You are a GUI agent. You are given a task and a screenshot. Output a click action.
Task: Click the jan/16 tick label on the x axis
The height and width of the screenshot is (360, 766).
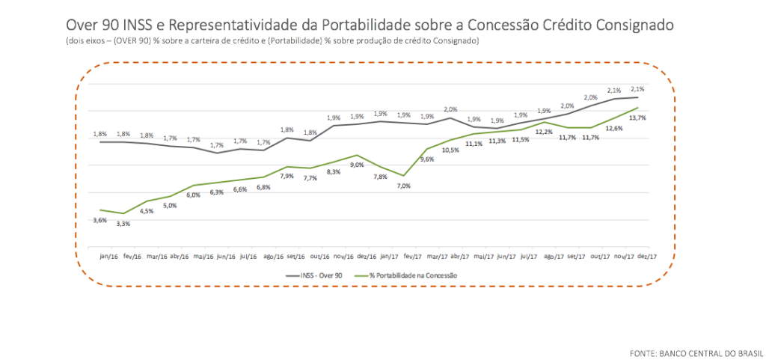tap(108, 256)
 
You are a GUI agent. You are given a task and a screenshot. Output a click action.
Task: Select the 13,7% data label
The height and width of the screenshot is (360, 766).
tap(638, 118)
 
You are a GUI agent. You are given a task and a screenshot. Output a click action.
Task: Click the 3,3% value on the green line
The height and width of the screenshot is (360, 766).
tap(122, 224)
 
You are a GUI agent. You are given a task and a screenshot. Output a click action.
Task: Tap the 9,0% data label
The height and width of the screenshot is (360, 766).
tap(357, 165)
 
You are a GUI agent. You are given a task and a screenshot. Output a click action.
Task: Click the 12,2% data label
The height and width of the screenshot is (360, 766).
tap(545, 132)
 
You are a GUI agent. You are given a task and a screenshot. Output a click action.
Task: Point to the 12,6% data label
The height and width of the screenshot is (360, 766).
tap(614, 128)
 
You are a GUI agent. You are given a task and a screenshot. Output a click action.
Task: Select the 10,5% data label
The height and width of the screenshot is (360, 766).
tap(450, 150)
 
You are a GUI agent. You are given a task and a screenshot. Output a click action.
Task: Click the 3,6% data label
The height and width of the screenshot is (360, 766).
tap(99, 220)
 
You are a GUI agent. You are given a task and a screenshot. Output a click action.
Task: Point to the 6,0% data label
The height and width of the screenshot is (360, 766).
tap(194, 195)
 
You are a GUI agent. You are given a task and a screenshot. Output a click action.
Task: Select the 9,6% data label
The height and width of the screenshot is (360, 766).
tap(427, 159)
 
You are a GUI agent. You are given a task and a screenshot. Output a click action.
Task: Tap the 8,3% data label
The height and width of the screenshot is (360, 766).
tap(334, 171)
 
